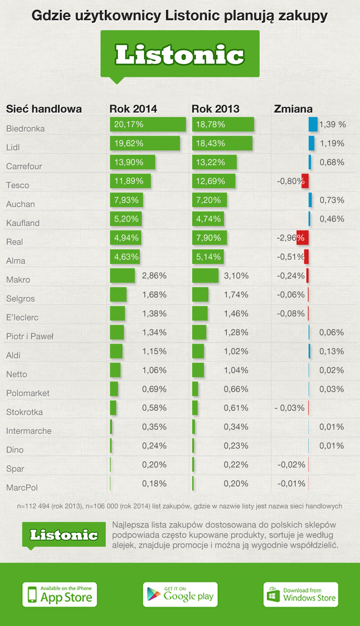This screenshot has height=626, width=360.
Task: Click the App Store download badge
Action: coord(60,594)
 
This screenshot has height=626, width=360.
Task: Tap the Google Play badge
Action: coord(180,594)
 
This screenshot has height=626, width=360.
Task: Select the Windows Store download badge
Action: coord(301,594)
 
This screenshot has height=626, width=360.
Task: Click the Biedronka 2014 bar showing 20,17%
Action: coord(148,125)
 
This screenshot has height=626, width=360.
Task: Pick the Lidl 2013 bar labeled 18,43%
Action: coord(222,144)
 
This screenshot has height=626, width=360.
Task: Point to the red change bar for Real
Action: coord(302,237)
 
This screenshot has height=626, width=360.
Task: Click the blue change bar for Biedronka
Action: coord(313,125)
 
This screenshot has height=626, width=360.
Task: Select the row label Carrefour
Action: coord(24,166)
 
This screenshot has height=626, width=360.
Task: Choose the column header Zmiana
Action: coord(293,109)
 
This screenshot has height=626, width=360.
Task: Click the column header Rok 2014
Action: coord(133,109)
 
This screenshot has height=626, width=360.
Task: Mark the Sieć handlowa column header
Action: coord(44,109)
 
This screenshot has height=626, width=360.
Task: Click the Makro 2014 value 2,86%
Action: coord(154,276)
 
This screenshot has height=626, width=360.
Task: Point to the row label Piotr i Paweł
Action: coord(30,336)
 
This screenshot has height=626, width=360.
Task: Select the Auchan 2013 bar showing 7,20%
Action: coord(210,200)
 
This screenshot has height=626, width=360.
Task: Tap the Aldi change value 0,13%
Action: coord(332,351)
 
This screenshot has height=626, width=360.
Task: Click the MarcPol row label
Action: coord(22,487)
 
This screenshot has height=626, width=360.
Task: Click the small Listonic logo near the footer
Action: coord(64,535)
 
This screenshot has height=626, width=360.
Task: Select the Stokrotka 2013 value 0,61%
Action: coord(236,408)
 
